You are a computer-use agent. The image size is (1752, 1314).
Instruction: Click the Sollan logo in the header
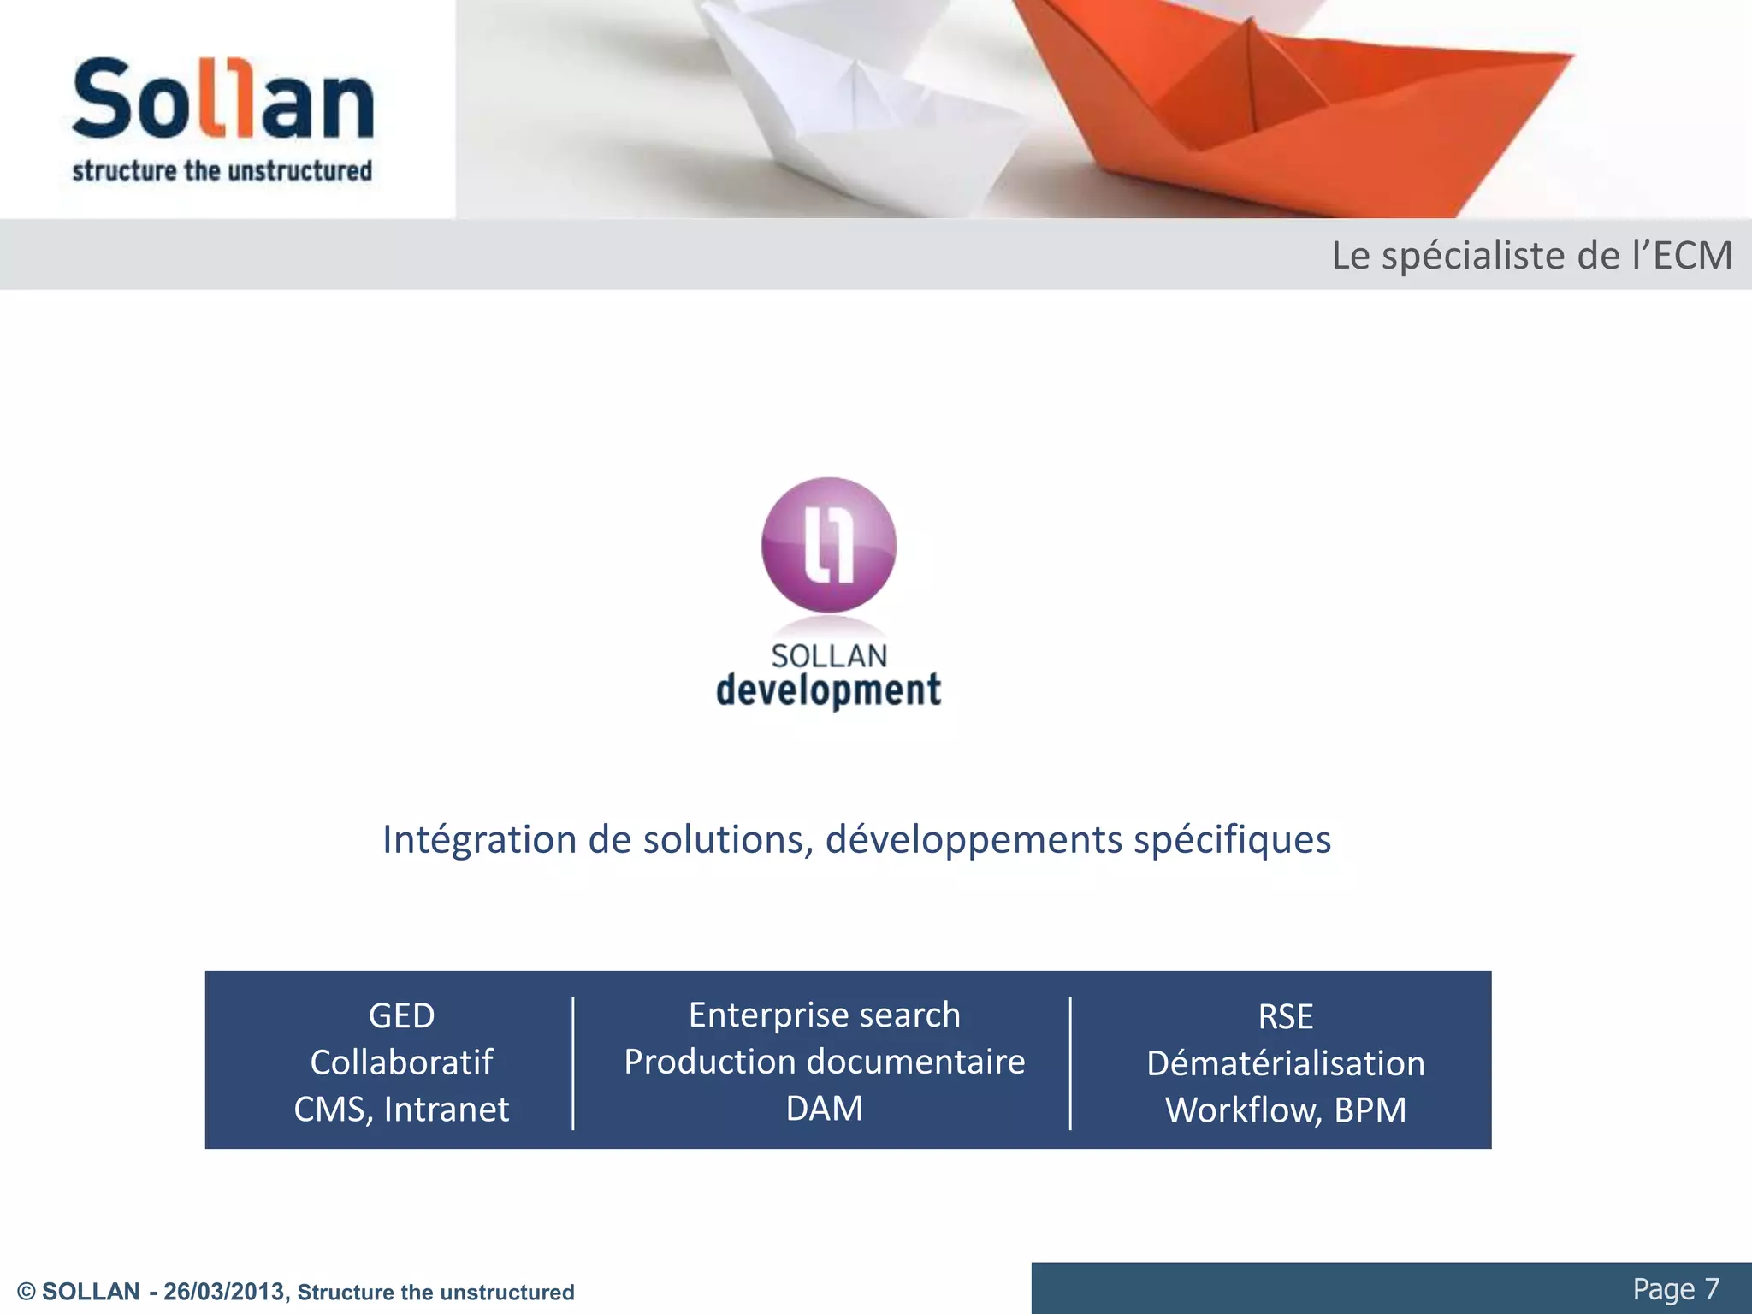(222, 99)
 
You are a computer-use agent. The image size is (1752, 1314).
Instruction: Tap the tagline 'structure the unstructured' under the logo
(222, 171)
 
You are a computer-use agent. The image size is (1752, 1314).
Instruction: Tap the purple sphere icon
(829, 545)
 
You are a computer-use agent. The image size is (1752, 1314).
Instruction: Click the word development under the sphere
(828, 690)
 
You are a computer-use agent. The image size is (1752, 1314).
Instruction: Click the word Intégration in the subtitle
(479, 839)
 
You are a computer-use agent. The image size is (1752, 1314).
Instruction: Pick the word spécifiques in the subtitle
(1232, 839)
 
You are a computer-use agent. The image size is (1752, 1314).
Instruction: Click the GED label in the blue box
(401, 1016)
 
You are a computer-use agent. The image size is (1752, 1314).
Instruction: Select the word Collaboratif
(401, 1062)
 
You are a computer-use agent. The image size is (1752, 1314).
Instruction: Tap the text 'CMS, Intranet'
(401, 1110)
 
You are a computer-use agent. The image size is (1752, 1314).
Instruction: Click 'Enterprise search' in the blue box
(825, 1015)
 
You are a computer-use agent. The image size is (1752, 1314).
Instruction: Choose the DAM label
(825, 1109)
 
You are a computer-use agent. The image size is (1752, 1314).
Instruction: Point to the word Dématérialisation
(1286, 1063)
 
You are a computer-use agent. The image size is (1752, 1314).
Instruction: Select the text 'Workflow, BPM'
(1286, 1110)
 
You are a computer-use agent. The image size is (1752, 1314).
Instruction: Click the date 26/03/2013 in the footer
(224, 1292)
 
